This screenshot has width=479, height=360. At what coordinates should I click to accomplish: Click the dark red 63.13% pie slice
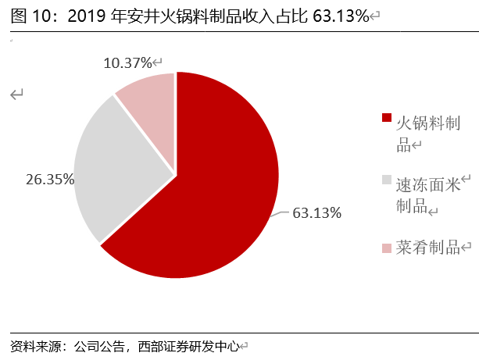tap(211, 195)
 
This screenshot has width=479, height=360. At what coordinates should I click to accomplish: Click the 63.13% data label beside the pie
tap(317, 212)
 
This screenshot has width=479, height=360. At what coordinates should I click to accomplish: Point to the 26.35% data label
tap(50, 179)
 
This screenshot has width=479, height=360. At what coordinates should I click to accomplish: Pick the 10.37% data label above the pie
tap(127, 62)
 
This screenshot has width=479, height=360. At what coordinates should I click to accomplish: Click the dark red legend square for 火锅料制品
tap(386, 118)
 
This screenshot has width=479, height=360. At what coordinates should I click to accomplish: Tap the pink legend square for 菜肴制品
tap(386, 248)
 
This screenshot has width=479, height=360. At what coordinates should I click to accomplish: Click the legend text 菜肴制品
tap(427, 248)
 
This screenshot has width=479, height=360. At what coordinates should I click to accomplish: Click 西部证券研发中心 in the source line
tap(188, 345)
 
